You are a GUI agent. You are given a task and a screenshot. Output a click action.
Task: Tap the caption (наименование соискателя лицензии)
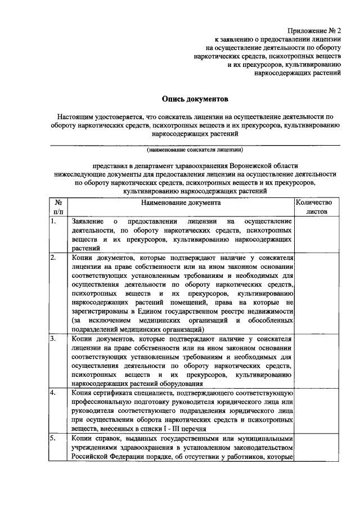pos(195,151)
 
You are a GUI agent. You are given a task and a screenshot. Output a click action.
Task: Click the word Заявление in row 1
pos(88,221)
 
